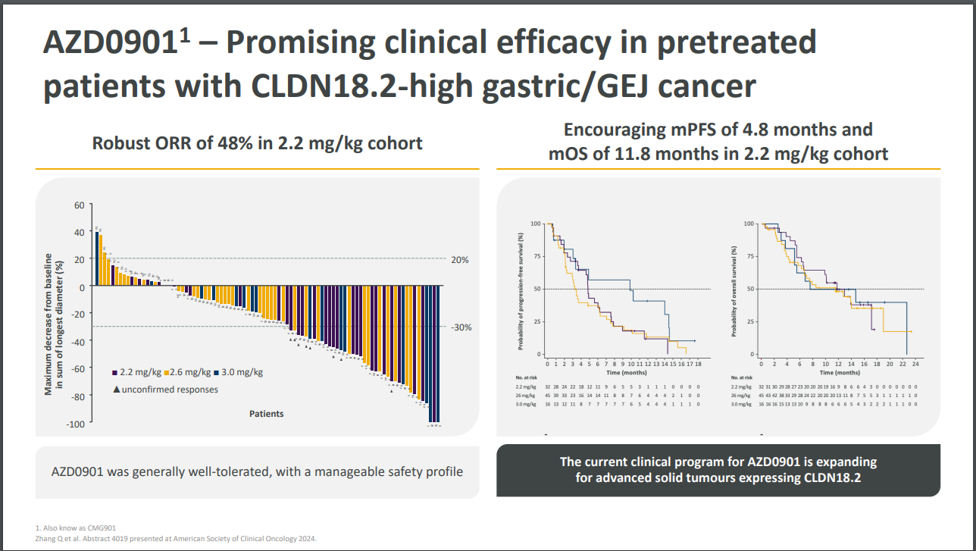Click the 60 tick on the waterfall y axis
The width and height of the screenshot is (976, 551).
coord(79,205)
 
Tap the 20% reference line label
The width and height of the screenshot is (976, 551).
coord(460,260)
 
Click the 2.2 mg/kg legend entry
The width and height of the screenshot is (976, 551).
coord(137,372)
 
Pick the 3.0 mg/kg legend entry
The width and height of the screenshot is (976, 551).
coord(237,372)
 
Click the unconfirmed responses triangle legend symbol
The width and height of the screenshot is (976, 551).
coord(116,390)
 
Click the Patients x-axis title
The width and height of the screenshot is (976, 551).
coord(267,414)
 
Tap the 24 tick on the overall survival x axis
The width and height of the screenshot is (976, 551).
coord(915,365)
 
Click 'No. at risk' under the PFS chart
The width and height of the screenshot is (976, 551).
coord(526,377)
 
